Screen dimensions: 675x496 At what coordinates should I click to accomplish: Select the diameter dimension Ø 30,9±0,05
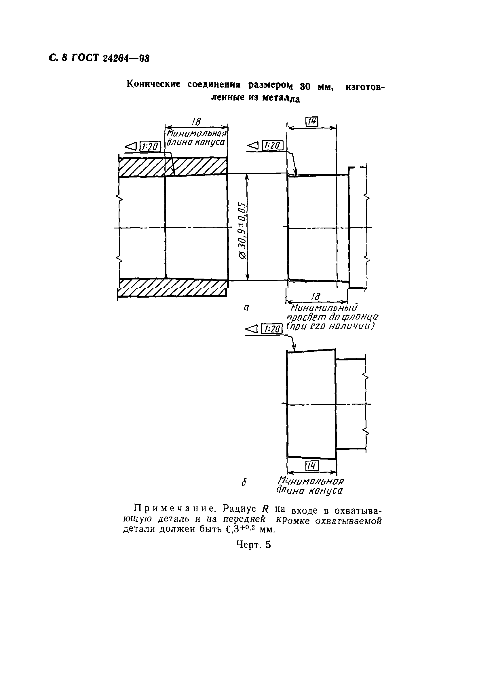point(242,231)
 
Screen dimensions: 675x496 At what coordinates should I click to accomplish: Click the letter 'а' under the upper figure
point(246,308)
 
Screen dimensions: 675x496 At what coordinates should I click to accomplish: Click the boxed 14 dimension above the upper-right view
point(312,122)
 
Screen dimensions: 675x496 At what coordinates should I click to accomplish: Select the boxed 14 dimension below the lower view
point(312,466)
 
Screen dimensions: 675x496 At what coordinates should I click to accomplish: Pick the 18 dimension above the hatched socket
point(196,122)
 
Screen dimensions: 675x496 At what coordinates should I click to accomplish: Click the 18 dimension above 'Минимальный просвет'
point(315,297)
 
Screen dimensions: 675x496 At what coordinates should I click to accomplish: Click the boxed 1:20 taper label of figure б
point(272,329)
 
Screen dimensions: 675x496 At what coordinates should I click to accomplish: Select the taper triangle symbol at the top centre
point(253,146)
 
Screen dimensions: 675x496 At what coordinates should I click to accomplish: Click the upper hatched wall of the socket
point(173,167)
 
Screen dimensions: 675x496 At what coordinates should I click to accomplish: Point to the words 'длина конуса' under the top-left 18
point(196,142)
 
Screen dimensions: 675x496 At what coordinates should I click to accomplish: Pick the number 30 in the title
point(305,87)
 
